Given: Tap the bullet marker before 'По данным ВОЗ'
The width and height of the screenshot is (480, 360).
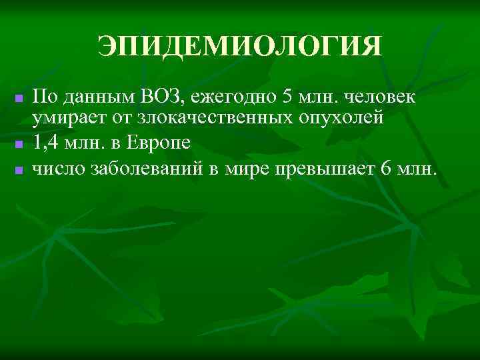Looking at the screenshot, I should [19, 99].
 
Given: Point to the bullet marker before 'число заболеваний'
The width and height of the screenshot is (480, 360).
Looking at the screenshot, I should [19, 169].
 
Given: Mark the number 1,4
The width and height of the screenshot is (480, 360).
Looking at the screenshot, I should [46, 142].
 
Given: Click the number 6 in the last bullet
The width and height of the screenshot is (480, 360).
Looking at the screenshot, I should [385, 166].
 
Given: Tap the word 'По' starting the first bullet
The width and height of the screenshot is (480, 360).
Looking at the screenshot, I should [45, 97].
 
